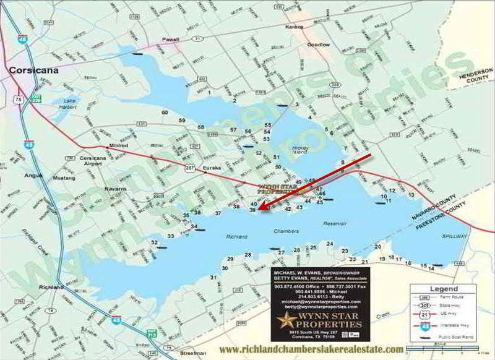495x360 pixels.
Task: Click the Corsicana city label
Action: [x=33, y=71]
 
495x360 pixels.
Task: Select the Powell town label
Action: [x=170, y=40]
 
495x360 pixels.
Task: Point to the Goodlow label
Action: [x=319, y=45]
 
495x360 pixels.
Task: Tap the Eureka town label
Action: [x=204, y=168]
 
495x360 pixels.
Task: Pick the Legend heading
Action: [x=444, y=289]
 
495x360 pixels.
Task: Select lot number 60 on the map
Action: [x=165, y=112]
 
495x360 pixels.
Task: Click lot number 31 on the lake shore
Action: [x=213, y=278]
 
